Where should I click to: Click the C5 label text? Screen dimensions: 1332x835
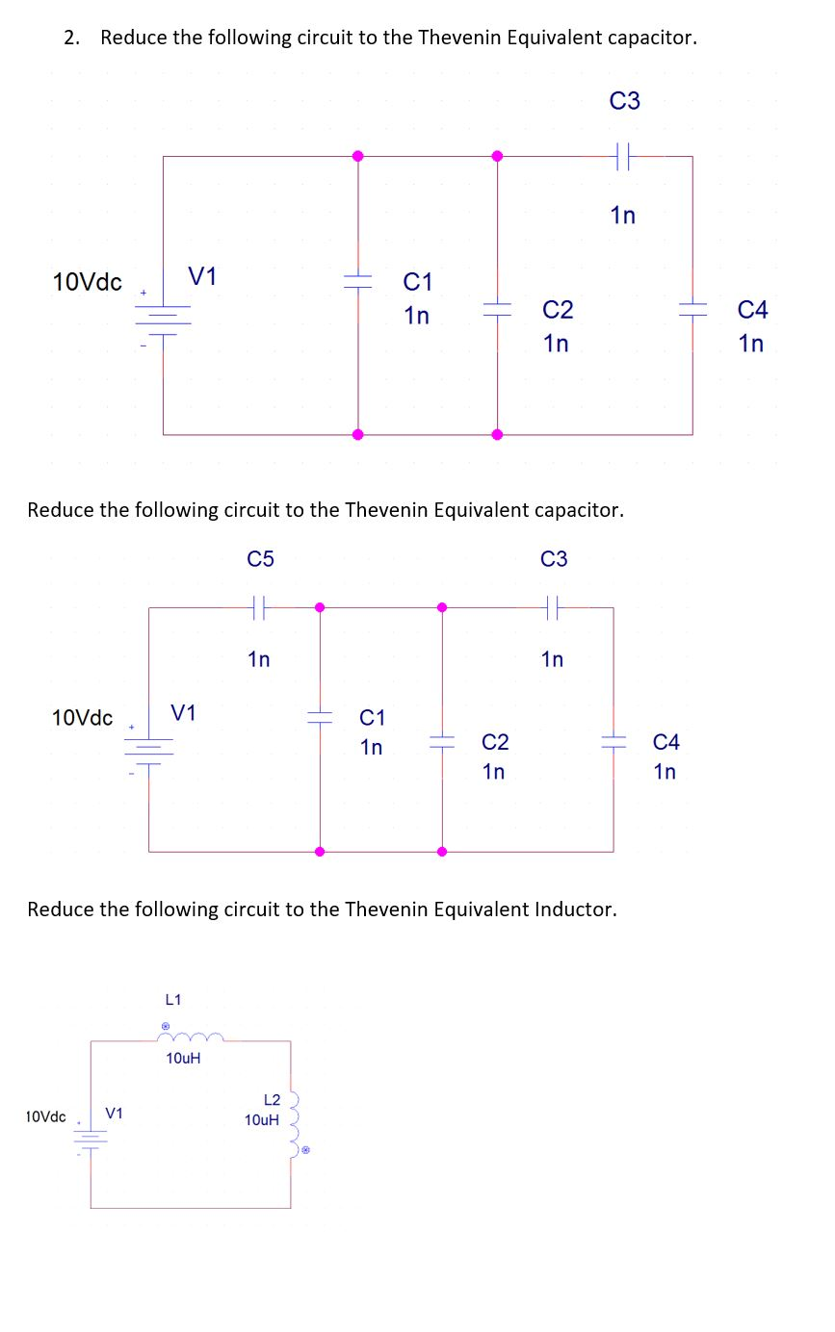260,559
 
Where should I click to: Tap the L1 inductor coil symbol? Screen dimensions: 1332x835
194,1037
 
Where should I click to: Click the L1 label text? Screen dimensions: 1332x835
175,1001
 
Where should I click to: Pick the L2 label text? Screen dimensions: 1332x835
272,1100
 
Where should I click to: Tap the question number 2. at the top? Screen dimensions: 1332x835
73,38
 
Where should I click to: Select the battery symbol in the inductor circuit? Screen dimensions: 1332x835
91,1140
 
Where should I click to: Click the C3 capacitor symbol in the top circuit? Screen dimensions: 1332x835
623,156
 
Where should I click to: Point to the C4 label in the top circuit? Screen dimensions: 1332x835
752,310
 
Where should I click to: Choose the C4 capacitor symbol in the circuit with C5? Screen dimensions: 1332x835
613,742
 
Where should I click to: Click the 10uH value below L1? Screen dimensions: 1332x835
183,1059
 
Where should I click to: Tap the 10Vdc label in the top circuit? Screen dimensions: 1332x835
87,282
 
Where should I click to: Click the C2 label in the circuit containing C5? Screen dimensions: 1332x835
495,742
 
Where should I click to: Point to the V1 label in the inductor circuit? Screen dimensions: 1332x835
115,1114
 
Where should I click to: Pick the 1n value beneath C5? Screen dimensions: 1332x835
258,659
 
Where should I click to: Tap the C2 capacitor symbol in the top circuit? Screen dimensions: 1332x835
497,309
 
